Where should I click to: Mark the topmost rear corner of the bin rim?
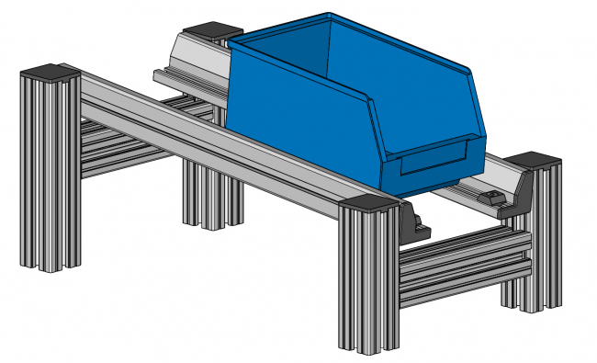coord(329,14)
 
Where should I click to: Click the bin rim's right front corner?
coord(471,72)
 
